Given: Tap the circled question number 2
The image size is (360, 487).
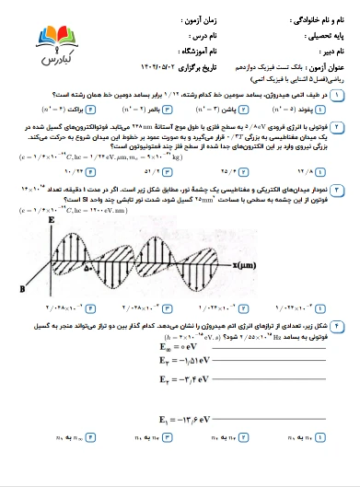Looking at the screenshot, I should click(x=343, y=132).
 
